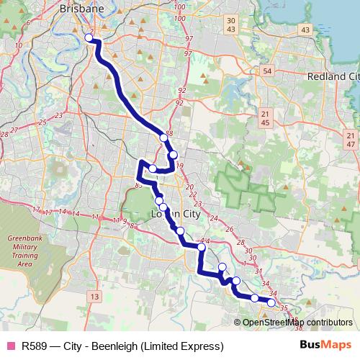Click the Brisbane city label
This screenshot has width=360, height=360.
click(x=82, y=9)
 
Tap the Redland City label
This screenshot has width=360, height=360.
click(x=333, y=76)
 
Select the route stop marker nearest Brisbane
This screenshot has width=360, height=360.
click(x=89, y=37)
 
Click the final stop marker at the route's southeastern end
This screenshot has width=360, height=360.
click(x=271, y=303)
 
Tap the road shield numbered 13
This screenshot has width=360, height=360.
click(x=94, y=296)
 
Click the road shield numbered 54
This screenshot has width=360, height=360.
click(x=268, y=72)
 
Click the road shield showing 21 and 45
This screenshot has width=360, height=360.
click(x=266, y=119)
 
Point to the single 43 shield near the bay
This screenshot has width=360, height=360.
click(x=306, y=30)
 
